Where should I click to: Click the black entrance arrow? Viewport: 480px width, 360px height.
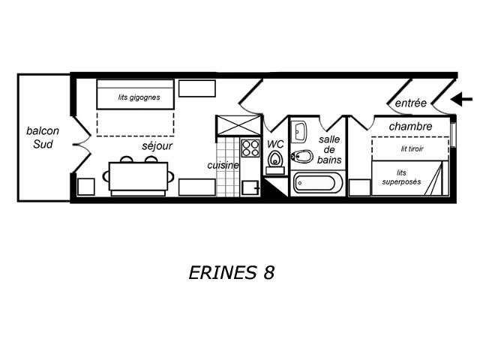click(x=462, y=99)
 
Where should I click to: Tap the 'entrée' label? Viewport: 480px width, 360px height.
click(x=410, y=103)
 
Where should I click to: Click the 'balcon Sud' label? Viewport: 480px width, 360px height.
click(x=43, y=137)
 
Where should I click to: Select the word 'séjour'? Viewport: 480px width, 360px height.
click(x=157, y=146)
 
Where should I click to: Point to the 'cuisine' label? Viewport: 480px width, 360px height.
click(x=223, y=165)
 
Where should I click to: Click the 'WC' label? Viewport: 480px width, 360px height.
click(x=275, y=144)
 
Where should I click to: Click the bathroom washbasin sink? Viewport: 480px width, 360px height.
click(x=298, y=132)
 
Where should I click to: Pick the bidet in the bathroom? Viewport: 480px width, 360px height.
click(x=301, y=157)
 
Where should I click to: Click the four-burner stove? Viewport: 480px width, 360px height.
click(x=250, y=148)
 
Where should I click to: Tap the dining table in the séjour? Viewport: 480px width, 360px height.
click(x=138, y=176)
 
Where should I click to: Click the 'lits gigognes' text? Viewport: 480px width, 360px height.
click(x=139, y=97)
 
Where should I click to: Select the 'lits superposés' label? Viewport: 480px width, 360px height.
click(x=401, y=177)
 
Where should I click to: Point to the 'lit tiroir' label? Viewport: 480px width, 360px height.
click(x=412, y=148)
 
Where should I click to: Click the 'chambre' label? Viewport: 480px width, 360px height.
click(x=410, y=126)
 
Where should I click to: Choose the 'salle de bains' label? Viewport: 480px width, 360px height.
click(x=329, y=150)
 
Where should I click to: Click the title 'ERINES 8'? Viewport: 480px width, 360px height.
click(x=232, y=272)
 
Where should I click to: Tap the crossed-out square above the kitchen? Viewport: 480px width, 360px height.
click(x=238, y=125)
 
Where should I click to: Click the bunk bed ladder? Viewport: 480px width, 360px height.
click(x=434, y=178)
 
